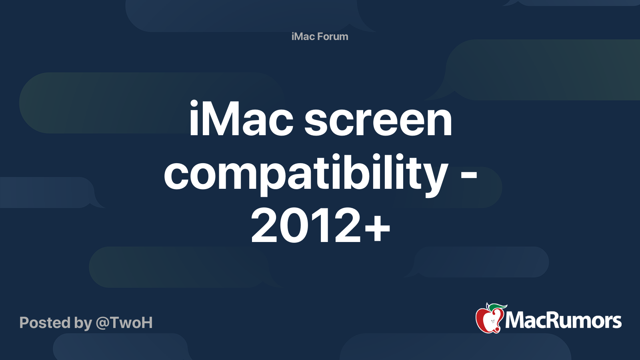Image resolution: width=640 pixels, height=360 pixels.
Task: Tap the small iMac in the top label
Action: tap(303, 36)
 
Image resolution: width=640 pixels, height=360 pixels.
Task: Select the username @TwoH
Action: tap(124, 323)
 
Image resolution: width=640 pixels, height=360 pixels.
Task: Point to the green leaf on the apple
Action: tap(497, 307)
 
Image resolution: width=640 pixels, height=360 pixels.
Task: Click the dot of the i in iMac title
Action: tap(194, 104)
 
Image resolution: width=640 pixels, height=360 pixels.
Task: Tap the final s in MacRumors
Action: tap(616, 322)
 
